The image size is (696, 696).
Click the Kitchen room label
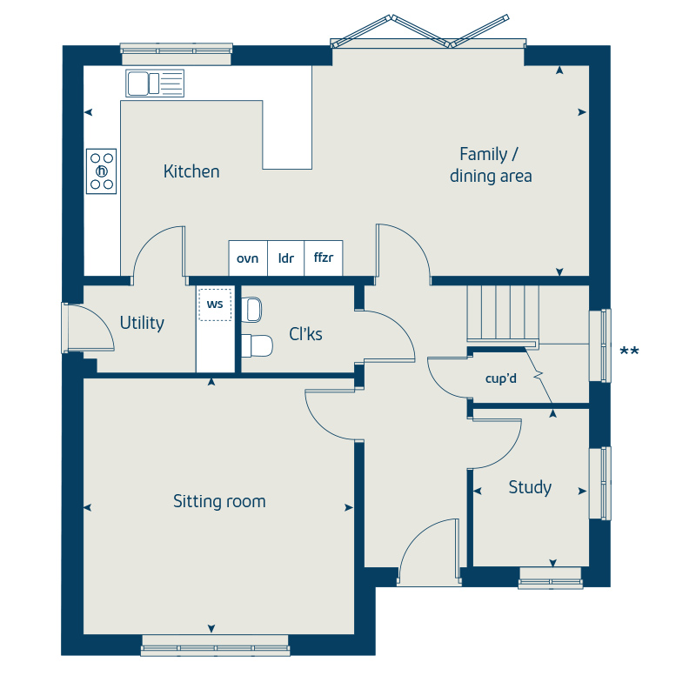191,171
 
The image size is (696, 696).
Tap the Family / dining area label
491,165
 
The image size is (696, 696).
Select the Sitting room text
219,501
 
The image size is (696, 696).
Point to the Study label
530,488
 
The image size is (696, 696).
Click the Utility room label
142,323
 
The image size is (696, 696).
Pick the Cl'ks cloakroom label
305,334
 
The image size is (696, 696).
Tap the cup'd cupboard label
501,378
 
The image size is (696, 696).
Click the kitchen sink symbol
155,83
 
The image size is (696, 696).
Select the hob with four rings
101,171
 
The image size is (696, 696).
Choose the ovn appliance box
248,258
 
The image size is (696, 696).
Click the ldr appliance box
286,258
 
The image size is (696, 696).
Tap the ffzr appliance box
324,258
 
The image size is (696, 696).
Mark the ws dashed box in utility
215,304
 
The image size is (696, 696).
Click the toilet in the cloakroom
257,345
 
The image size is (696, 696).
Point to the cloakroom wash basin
251,310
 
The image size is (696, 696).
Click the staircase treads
503,313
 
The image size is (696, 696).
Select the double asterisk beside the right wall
629,352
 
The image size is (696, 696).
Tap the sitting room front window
215,646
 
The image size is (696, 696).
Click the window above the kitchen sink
177,54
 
